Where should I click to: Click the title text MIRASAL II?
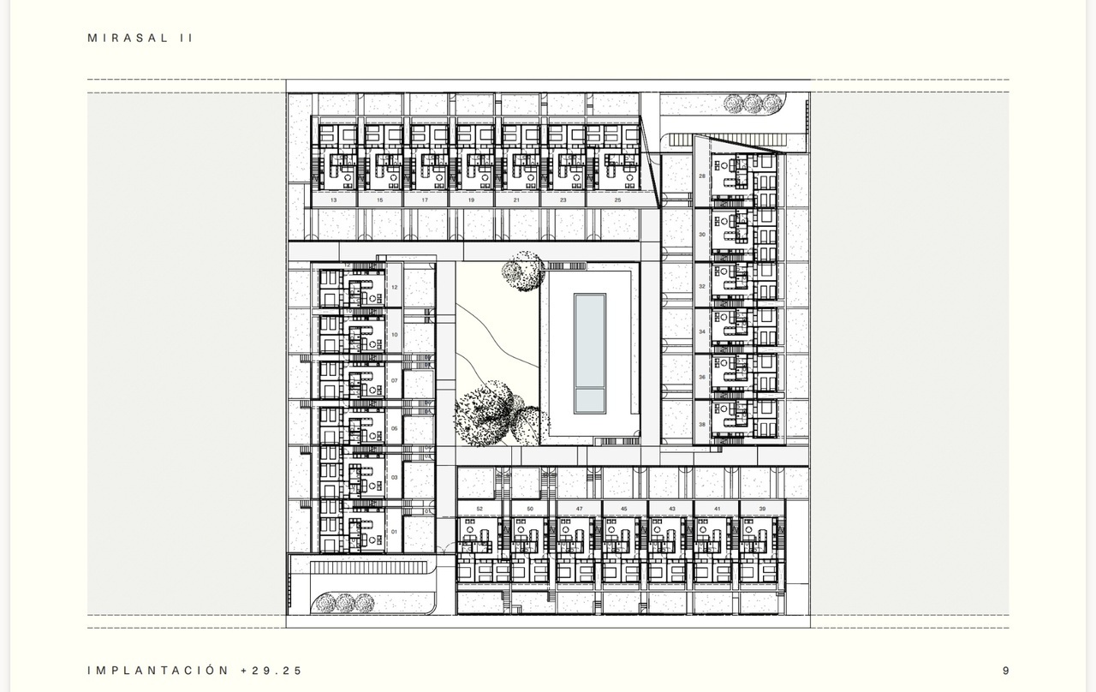pyautogui.click(x=140, y=39)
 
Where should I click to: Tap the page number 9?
pyautogui.click(x=1006, y=671)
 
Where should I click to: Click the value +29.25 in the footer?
pyautogui.click(x=271, y=671)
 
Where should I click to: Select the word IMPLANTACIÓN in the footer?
pyautogui.click(x=158, y=671)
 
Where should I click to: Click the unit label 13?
pyautogui.click(x=333, y=200)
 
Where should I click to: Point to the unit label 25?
pyautogui.click(x=618, y=200)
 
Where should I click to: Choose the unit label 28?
pyautogui.click(x=702, y=176)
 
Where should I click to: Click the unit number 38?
pyautogui.click(x=702, y=424)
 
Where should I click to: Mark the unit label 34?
pyautogui.click(x=702, y=331)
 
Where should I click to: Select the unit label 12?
pyautogui.click(x=395, y=288)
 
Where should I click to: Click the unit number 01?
pyautogui.click(x=395, y=532)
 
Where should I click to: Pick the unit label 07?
pyautogui.click(x=395, y=380)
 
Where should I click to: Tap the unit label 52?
pyautogui.click(x=479, y=509)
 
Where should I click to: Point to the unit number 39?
pyautogui.click(x=762, y=509)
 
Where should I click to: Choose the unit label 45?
pyautogui.click(x=624, y=509)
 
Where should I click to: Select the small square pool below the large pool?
pyautogui.click(x=589, y=400)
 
